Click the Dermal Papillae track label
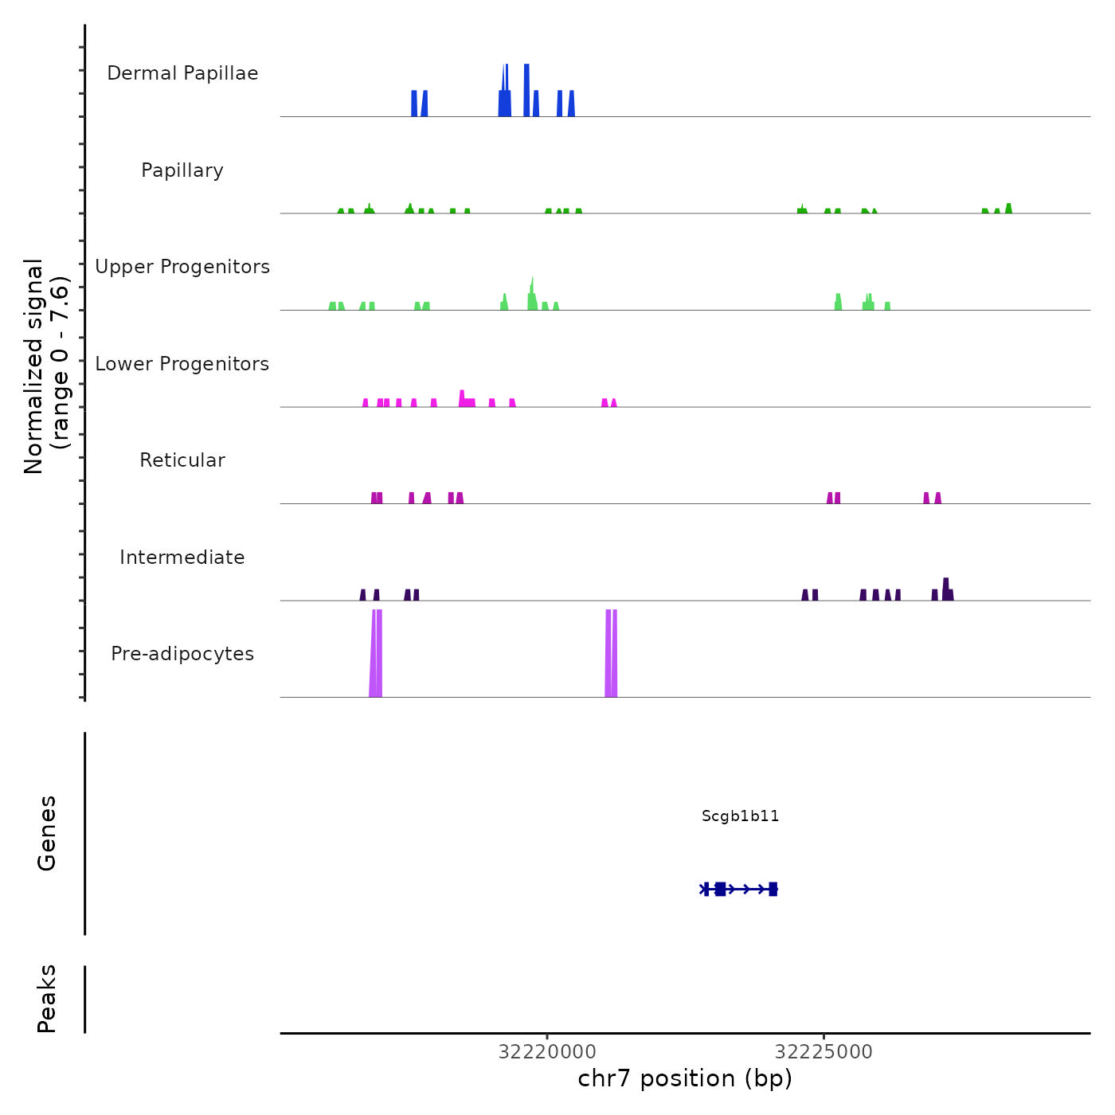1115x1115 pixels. pos(182,73)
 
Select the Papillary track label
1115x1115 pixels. pos(182,170)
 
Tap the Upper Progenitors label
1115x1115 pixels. pos(182,267)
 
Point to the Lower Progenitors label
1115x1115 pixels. pos(182,364)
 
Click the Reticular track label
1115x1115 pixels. pos(182,460)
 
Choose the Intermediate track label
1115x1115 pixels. pos(182,557)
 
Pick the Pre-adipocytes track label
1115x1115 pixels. pos(182,654)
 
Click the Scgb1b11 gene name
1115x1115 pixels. pos(740,816)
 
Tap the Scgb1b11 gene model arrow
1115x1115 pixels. pos(740,889)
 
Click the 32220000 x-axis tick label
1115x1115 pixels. pos(547,1052)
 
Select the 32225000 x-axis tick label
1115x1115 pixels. pos(824,1052)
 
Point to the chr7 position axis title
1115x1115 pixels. pos(685,1078)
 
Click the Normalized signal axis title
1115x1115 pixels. pos(46,366)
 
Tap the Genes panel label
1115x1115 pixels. pos(47,833)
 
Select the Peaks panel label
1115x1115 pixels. pos(47,999)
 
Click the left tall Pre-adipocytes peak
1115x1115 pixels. pos(376,653)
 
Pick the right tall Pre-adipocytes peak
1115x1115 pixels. pos(611,653)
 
